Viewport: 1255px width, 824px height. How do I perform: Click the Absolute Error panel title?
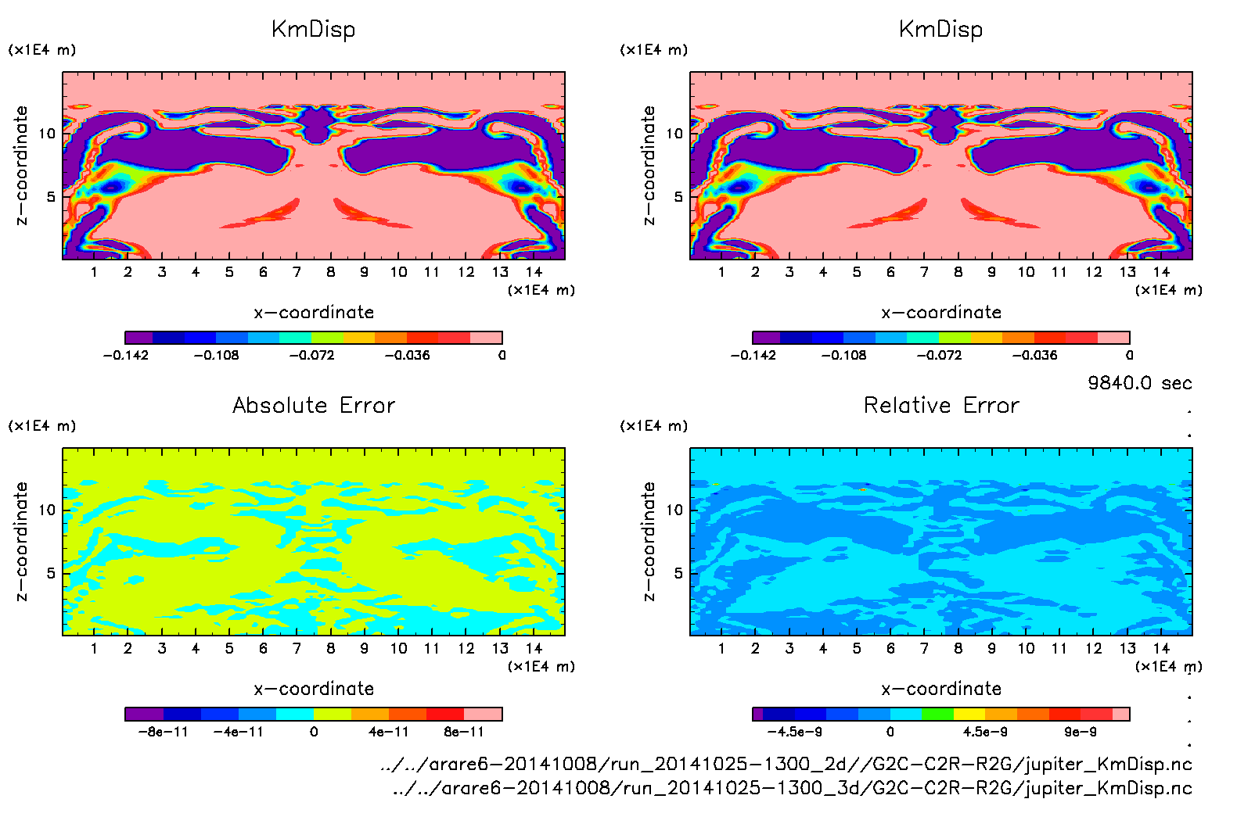(314, 405)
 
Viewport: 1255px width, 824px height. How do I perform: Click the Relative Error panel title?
(941, 405)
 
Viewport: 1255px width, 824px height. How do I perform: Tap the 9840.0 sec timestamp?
(1139, 383)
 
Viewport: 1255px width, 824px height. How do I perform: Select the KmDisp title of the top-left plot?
(313, 30)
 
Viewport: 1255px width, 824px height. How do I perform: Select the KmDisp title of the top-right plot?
(940, 30)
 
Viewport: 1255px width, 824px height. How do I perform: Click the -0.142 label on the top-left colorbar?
(126, 355)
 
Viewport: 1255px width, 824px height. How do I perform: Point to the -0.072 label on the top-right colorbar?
(939, 355)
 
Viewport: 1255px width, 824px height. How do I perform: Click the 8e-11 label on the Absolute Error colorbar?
(464, 732)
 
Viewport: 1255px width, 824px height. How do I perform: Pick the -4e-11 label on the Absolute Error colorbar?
(239, 732)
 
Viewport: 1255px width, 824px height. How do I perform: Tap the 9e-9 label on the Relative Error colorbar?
(1080, 732)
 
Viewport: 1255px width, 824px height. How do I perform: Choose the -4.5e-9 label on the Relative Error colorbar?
(794, 732)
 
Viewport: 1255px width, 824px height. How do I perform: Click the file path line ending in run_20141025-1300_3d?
(792, 788)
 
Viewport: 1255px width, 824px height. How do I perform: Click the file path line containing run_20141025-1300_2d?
(786, 764)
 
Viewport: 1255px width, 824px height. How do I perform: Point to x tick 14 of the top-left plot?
(534, 272)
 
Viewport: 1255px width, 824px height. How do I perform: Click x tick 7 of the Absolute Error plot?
(297, 648)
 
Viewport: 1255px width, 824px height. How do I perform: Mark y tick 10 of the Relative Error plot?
(674, 510)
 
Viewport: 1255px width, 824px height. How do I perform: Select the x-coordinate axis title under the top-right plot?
(941, 313)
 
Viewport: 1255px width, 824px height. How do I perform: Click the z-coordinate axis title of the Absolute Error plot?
(21, 541)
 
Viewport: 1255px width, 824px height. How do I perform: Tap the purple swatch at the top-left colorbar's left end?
(138, 338)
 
